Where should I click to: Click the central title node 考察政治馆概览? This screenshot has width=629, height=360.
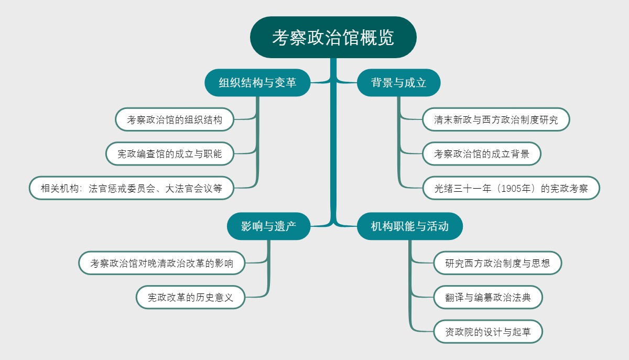click(x=333, y=38)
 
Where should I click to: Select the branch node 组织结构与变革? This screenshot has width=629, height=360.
click(x=257, y=82)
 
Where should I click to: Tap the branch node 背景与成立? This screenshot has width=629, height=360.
click(x=398, y=82)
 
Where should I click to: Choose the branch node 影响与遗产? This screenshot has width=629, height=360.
click(x=268, y=226)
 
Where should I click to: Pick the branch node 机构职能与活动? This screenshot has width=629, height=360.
click(x=409, y=226)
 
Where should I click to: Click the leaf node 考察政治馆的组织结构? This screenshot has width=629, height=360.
click(x=175, y=119)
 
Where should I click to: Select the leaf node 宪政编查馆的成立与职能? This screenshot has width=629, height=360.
click(x=170, y=154)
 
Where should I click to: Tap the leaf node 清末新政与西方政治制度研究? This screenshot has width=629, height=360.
click(x=496, y=119)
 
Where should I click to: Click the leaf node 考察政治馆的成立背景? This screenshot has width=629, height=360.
click(x=482, y=154)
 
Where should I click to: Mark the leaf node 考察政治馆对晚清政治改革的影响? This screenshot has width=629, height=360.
click(x=162, y=263)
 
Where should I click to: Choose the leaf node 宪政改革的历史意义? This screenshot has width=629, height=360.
click(x=190, y=298)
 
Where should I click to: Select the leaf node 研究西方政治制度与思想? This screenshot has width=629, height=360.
click(x=497, y=263)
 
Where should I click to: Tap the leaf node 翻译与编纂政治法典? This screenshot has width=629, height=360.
click(x=487, y=298)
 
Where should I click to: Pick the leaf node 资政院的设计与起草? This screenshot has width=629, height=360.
click(x=487, y=332)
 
